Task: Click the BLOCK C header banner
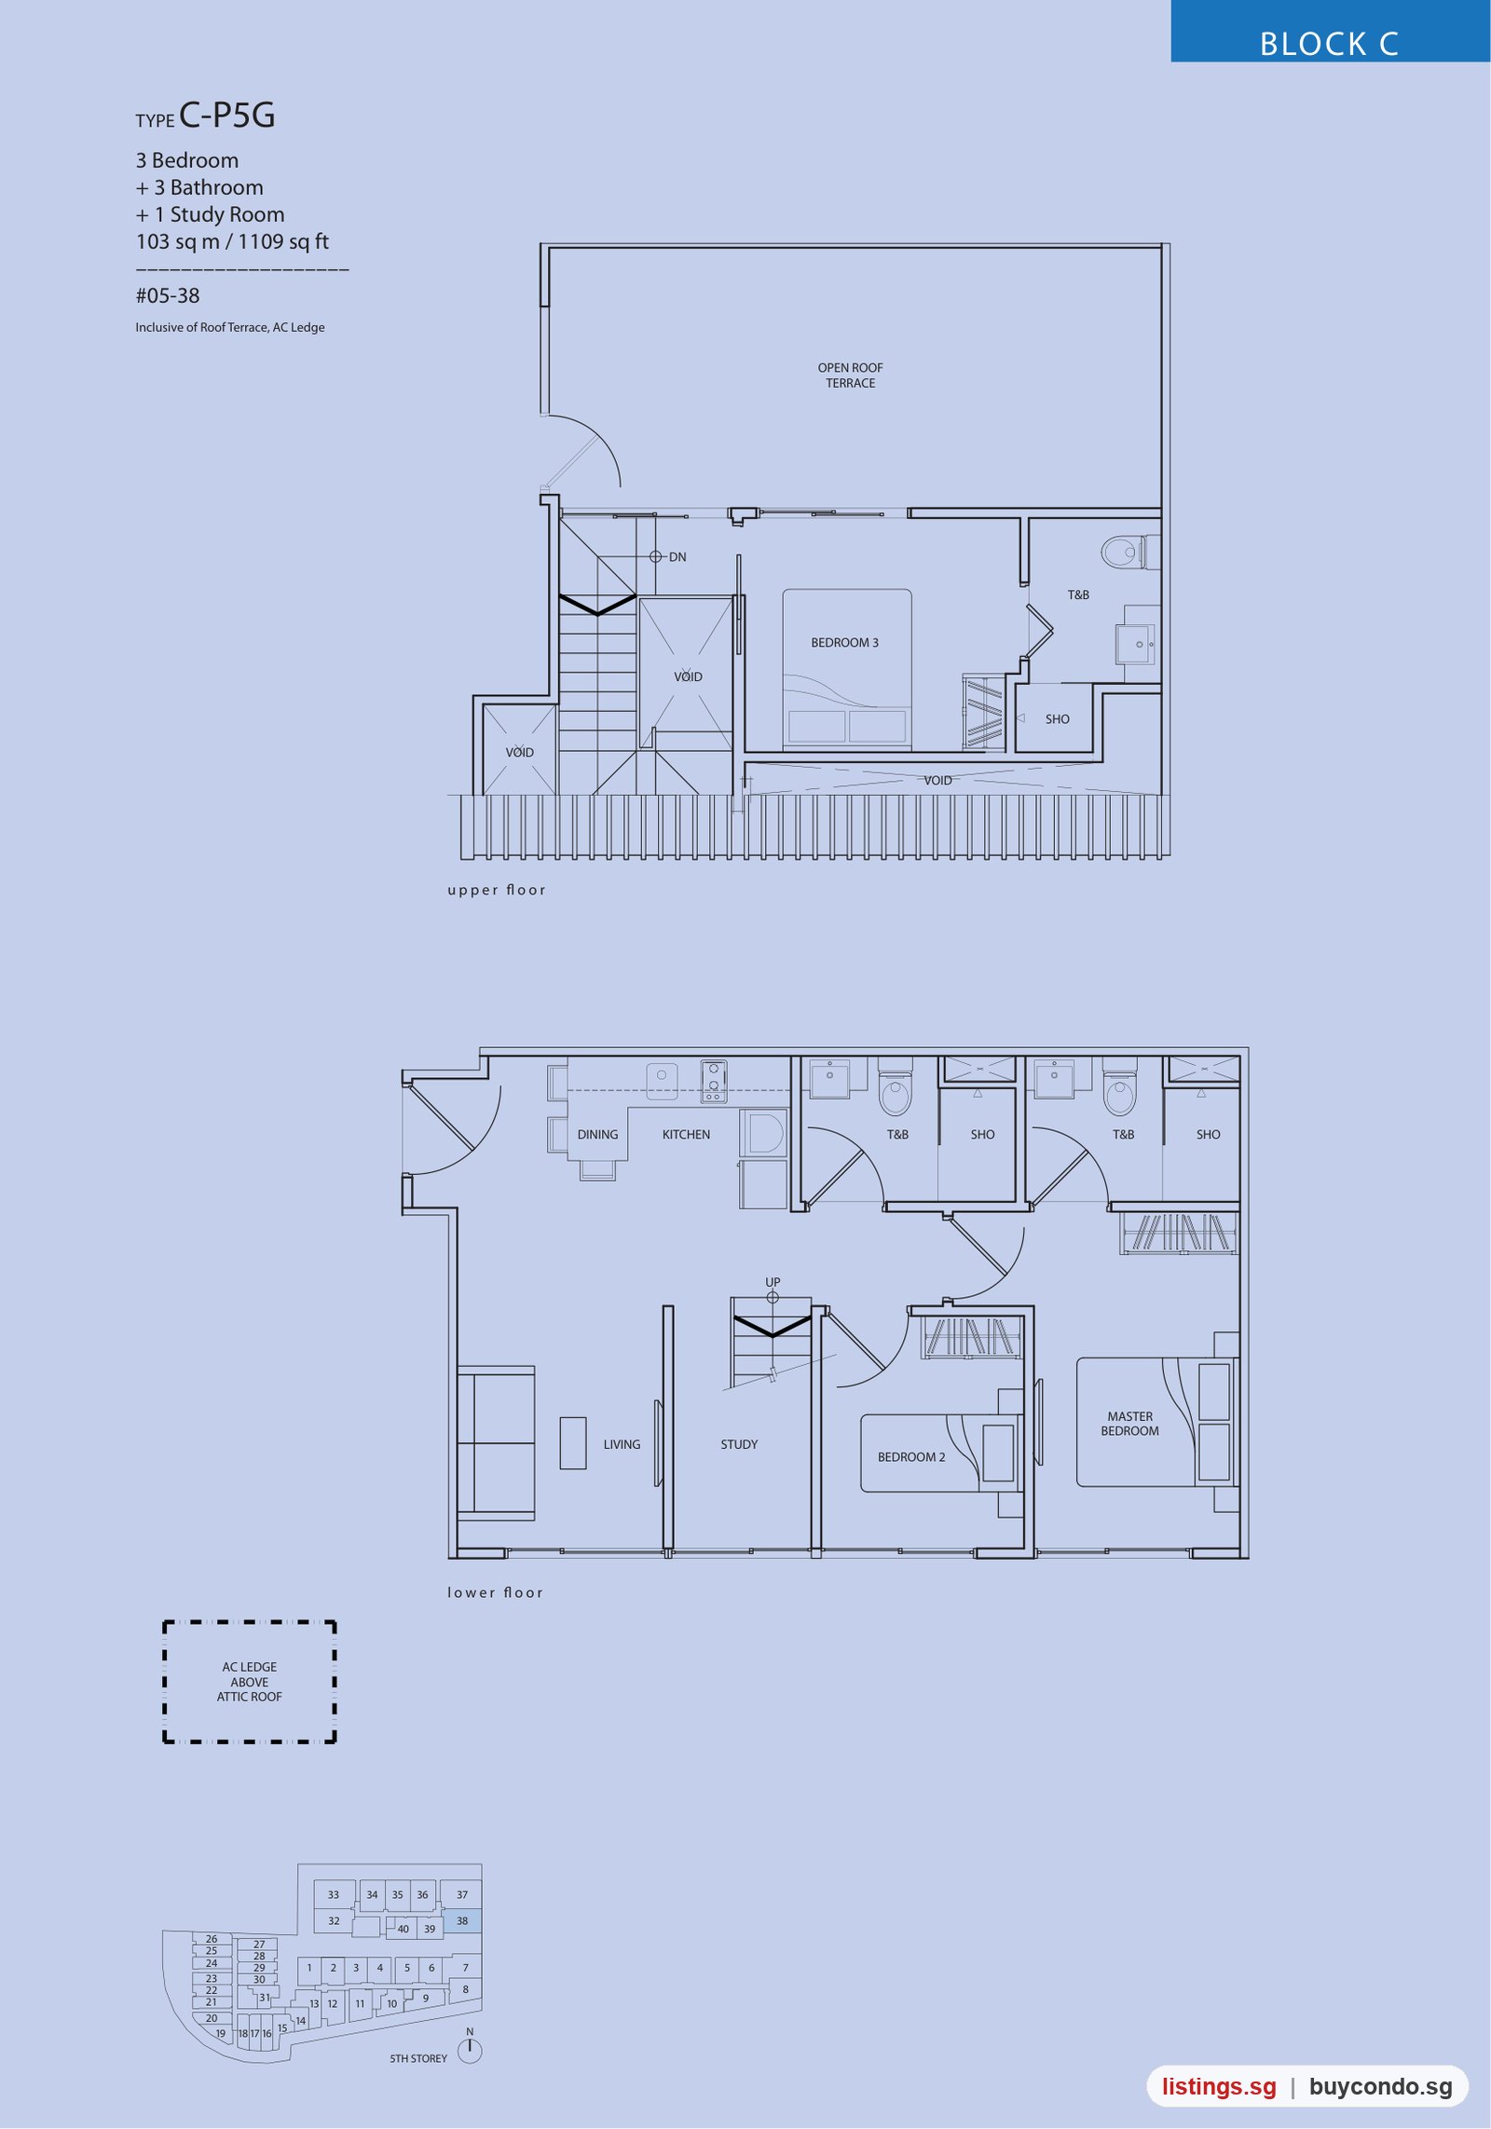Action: pyautogui.click(x=1330, y=32)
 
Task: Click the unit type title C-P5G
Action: pyautogui.click(x=227, y=116)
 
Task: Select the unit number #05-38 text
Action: pyautogui.click(x=168, y=296)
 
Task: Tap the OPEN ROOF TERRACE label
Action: pyautogui.click(x=851, y=375)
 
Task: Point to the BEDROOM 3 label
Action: pyautogui.click(x=844, y=643)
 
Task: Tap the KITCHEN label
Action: pyautogui.click(x=686, y=1135)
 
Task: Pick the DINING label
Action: pyautogui.click(x=597, y=1135)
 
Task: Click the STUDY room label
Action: pyautogui.click(x=739, y=1444)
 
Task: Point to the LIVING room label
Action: pyautogui.click(x=622, y=1444)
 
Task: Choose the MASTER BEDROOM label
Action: pyautogui.click(x=1130, y=1424)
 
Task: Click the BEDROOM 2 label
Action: pyautogui.click(x=911, y=1457)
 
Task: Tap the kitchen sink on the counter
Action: pyautogui.click(x=662, y=1076)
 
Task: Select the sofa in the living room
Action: pyautogui.click(x=496, y=1443)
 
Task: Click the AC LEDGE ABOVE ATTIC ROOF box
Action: pyautogui.click(x=250, y=1682)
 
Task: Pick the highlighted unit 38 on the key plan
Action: pyautogui.click(x=462, y=1921)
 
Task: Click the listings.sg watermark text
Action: pyautogui.click(x=1219, y=2087)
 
